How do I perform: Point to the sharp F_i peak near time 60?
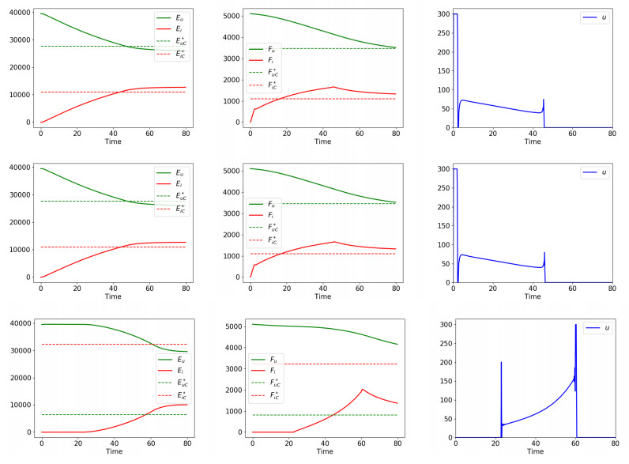pos(362,389)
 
